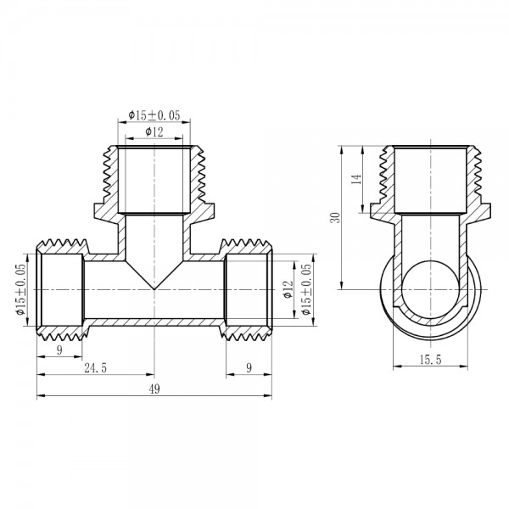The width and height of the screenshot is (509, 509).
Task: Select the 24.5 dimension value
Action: click(x=95, y=366)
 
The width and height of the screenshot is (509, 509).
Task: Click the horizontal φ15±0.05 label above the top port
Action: click(x=154, y=115)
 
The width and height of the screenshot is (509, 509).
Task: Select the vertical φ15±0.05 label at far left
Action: click(x=19, y=289)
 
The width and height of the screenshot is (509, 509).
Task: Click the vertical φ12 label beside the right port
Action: click(x=288, y=289)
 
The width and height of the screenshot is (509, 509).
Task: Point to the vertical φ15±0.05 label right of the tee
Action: click(x=306, y=289)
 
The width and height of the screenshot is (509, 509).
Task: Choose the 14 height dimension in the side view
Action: click(x=357, y=179)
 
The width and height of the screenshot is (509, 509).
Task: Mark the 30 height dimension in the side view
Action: click(x=336, y=217)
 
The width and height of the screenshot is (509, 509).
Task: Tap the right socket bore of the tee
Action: click(x=247, y=289)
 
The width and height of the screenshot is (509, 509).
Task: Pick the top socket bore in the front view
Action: click(x=154, y=180)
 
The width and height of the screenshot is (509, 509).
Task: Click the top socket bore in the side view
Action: click(x=430, y=180)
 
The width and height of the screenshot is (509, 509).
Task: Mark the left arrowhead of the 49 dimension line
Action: click(x=39, y=395)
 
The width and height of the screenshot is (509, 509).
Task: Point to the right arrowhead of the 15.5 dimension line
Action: click(x=467, y=367)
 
